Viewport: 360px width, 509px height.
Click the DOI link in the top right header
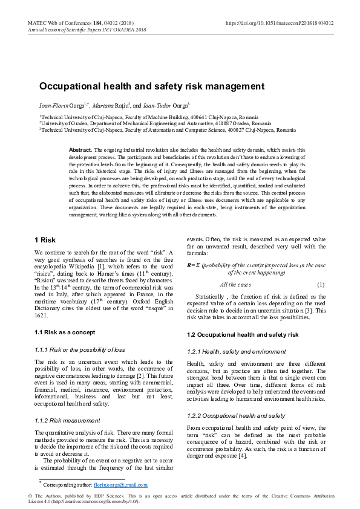pyautogui.click(x=279, y=23)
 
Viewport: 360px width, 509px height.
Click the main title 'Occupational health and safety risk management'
pyautogui.click(x=152, y=86)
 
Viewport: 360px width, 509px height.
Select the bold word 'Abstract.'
pyautogui.click(x=80, y=149)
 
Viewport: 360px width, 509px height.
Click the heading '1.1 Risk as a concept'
pyautogui.click(x=65, y=332)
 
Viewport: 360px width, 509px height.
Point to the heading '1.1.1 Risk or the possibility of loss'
pyautogui.click(x=80, y=349)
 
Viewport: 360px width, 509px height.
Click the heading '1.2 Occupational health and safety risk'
pyautogui.click(x=243, y=334)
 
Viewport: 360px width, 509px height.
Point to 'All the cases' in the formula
pyautogui.click(x=235, y=284)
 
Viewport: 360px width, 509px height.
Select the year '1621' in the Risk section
pyautogui.click(x=41, y=316)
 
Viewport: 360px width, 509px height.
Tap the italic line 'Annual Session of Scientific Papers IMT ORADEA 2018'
pyautogui.click(x=87, y=30)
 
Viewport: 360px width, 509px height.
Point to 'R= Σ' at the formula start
pyautogui.click(x=193, y=265)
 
